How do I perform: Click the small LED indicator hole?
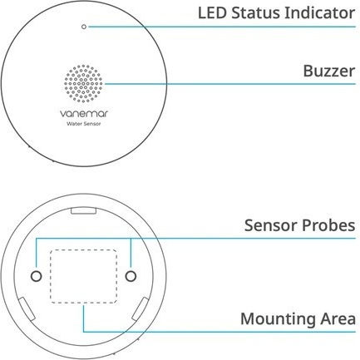click(x=84, y=27)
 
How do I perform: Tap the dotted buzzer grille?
click(x=83, y=84)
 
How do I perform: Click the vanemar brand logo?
click(x=84, y=113)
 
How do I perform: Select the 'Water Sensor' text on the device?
click(x=84, y=124)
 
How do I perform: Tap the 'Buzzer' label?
click(x=329, y=71)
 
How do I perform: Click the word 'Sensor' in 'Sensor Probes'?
click(x=271, y=225)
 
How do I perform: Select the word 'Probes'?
click(x=328, y=225)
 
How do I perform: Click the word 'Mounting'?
click(x=278, y=319)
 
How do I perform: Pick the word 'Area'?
click(x=338, y=318)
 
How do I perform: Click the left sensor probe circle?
click(x=36, y=276)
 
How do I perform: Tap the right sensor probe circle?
click(x=131, y=276)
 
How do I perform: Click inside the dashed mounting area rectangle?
click(x=83, y=276)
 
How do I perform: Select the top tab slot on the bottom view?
click(x=83, y=211)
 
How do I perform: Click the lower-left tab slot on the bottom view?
click(x=27, y=309)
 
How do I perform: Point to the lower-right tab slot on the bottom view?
click(x=141, y=309)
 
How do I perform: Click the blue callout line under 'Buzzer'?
click(x=230, y=84)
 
